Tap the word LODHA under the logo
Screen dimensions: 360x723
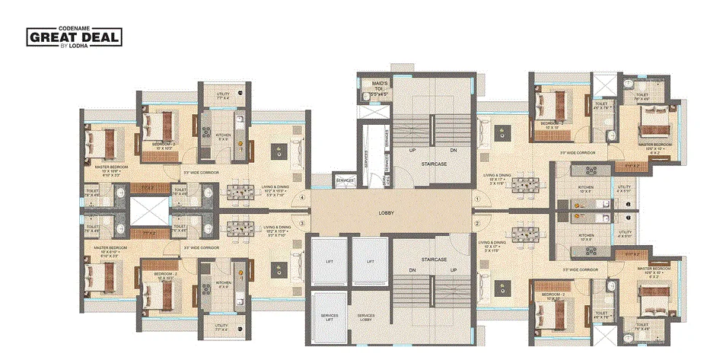click(79, 48)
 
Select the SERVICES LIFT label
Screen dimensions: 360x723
click(330, 319)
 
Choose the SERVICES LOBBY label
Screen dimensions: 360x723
click(366, 319)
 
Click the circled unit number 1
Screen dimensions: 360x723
click(478, 200)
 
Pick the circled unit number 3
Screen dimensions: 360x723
click(303, 223)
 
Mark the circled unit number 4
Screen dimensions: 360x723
click(303, 200)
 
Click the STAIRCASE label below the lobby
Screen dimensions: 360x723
click(432, 260)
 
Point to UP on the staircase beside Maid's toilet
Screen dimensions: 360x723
click(412, 151)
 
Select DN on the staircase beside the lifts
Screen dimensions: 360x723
click(412, 270)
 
